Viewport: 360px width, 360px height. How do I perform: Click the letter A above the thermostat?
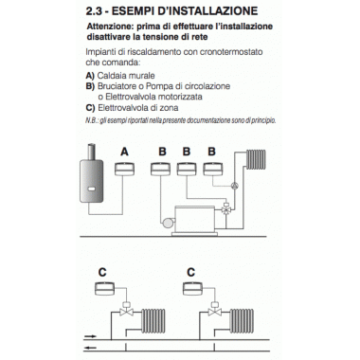pos(125,151)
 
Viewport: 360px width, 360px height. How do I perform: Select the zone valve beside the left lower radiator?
pos(126,314)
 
